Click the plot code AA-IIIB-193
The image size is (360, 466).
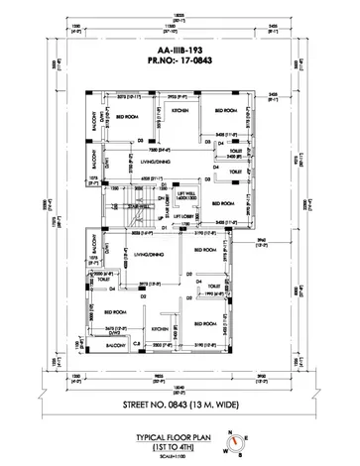coord(179,59)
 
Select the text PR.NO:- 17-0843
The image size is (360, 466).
coord(179,72)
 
